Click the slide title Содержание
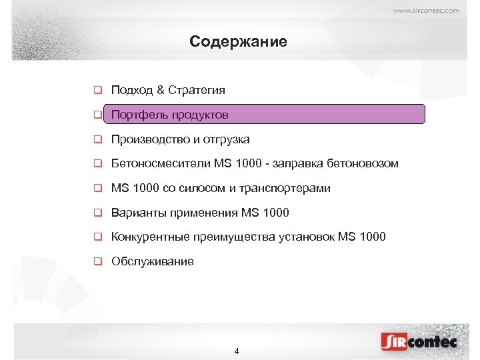pyautogui.click(x=238, y=42)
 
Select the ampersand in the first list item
pyautogui.click(x=160, y=90)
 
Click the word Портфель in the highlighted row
pyautogui.click(x=139, y=115)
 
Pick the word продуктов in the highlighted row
pyautogui.click(x=200, y=115)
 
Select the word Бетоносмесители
pyautogui.click(x=161, y=164)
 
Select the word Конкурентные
pyautogui.click(x=151, y=237)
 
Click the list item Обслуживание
pyautogui.click(x=153, y=262)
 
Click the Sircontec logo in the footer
pyautogui.click(x=419, y=341)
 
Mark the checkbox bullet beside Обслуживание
pyautogui.click(x=97, y=262)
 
